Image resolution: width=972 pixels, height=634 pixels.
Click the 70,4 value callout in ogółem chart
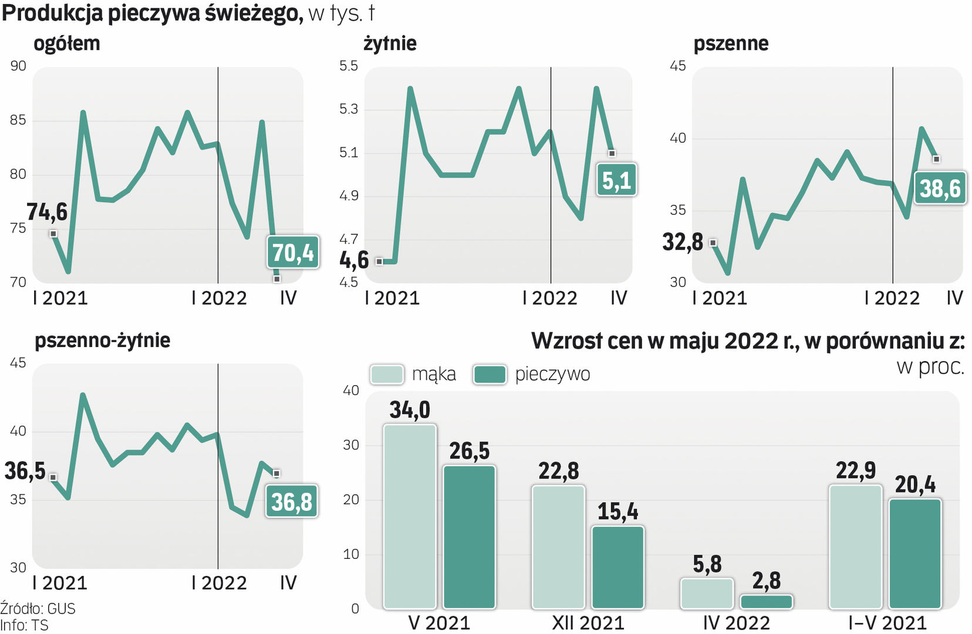pyautogui.click(x=293, y=252)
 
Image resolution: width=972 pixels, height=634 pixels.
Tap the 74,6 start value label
pyautogui.click(x=47, y=212)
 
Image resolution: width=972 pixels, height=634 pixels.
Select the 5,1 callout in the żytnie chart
pyautogui.click(x=616, y=180)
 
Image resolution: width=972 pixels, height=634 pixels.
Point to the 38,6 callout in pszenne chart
pyautogui.click(x=940, y=188)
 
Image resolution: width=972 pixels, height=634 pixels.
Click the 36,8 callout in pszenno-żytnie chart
pyautogui.click(x=292, y=501)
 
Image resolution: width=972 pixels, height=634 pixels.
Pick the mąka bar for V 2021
pyautogui.click(x=410, y=516)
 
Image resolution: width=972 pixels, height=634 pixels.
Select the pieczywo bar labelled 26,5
pyautogui.click(x=470, y=537)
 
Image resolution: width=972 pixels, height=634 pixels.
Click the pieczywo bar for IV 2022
pyautogui.click(x=767, y=602)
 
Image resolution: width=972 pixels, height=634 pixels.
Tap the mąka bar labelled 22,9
pyautogui.click(x=855, y=547)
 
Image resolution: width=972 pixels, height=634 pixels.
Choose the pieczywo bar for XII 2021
pyautogui.click(x=618, y=567)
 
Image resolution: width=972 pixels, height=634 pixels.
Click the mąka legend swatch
pyautogui.click(x=387, y=375)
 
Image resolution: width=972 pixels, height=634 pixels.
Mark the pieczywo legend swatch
pyautogui.click(x=490, y=375)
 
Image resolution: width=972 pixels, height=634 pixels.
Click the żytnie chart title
pyautogui.click(x=390, y=43)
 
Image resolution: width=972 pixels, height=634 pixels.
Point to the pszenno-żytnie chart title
pyautogui.click(x=103, y=340)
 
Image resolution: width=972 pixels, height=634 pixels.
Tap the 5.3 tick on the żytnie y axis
pyautogui.click(x=349, y=109)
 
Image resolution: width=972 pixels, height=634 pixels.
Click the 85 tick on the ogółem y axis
pyautogui.click(x=18, y=120)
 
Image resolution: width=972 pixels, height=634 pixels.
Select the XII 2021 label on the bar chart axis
pyautogui.click(x=588, y=622)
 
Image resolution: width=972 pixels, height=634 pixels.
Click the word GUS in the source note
pyautogui.click(x=61, y=609)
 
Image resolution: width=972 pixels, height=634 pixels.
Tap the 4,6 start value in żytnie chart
pyautogui.click(x=354, y=260)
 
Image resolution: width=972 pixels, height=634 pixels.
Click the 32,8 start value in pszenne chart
pyautogui.click(x=683, y=242)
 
